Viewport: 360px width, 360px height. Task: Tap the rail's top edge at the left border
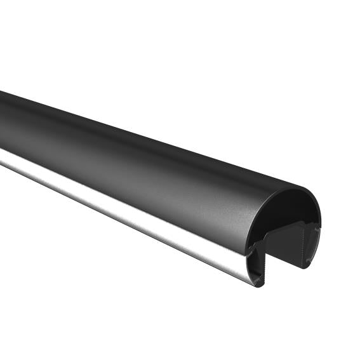pos(1,92)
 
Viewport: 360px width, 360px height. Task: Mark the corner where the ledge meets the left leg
pos(264,236)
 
